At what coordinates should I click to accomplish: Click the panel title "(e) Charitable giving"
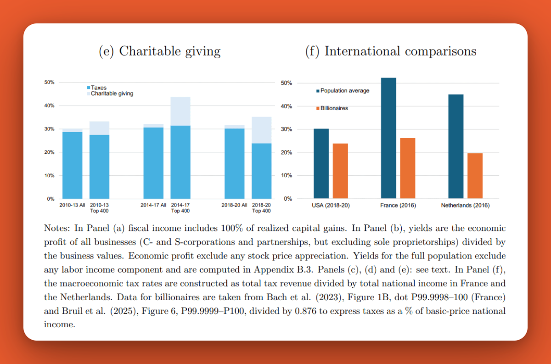tap(159, 51)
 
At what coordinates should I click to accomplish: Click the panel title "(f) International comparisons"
tap(391, 51)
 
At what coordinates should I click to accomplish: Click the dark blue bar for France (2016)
tap(388, 138)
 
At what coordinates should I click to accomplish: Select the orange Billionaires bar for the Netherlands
tap(475, 176)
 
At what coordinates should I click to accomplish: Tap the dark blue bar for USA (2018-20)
tap(321, 163)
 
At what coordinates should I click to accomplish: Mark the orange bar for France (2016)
tap(407, 168)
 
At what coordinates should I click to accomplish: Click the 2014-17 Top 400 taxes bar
tap(180, 162)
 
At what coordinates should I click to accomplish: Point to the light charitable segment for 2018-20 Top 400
tap(261, 130)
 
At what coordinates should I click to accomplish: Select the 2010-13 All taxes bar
tap(73, 165)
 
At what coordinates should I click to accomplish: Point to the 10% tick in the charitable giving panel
tap(49, 175)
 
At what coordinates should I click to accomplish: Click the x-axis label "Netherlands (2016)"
tap(465, 205)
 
